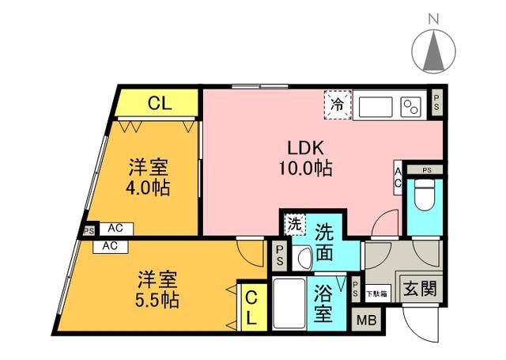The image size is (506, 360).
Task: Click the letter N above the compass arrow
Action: (x=433, y=17)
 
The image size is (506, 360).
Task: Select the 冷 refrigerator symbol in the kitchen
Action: (x=338, y=104)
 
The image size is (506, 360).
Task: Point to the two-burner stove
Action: (x=411, y=105)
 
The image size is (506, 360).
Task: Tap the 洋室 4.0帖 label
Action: (x=150, y=178)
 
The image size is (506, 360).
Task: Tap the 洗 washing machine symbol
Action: (x=294, y=224)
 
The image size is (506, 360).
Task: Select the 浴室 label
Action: (x=323, y=302)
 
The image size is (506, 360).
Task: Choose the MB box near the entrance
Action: (x=366, y=320)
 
